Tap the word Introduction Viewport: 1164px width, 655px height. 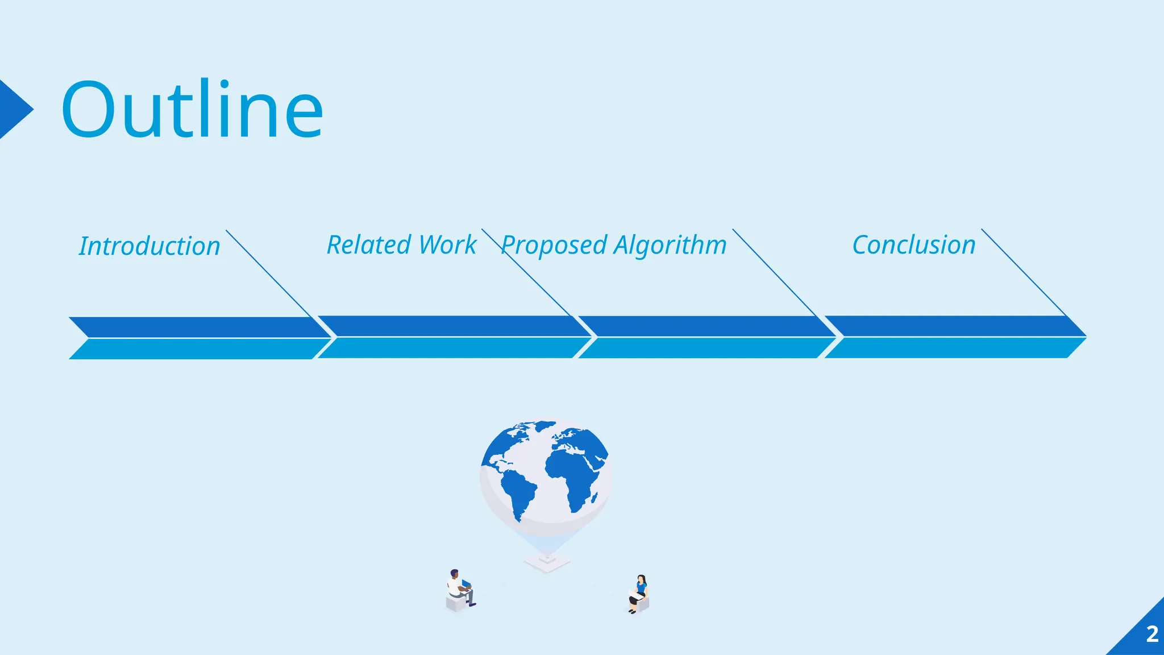(149, 246)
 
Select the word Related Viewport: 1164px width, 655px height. (369, 245)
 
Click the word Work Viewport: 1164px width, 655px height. (447, 245)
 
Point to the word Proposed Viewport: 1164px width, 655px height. (554, 246)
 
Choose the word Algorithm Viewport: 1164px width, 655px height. (670, 246)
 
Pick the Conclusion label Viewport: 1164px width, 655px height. (914, 245)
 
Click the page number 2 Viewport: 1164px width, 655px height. (1152, 634)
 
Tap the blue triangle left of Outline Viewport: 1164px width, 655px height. (14, 109)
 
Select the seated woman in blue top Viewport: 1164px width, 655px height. (640, 593)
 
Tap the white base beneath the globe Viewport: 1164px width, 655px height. (547, 563)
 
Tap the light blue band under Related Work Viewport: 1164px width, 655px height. (449, 348)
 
